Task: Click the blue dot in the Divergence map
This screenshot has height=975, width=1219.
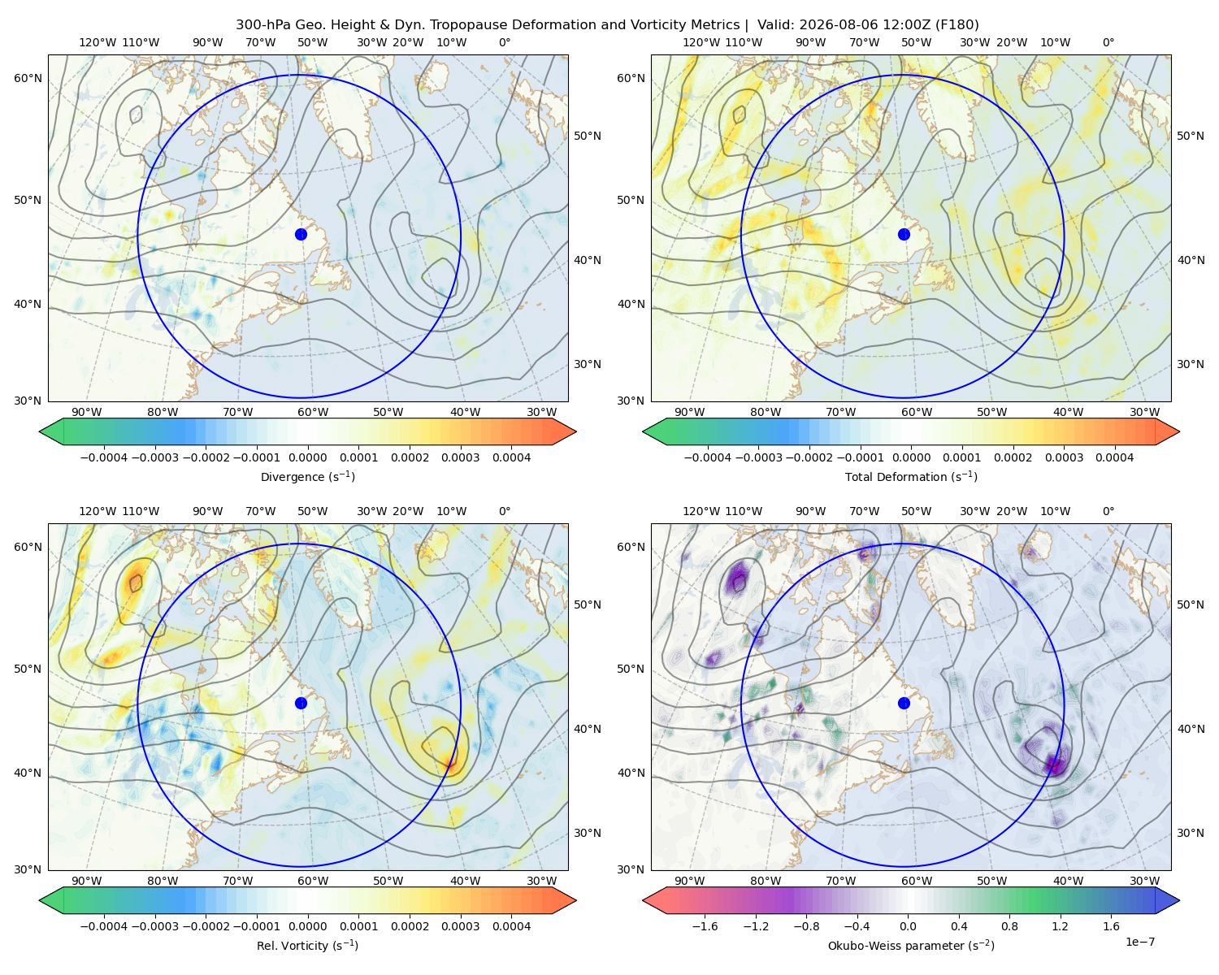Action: (301, 235)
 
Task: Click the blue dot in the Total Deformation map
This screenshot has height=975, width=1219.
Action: (904, 235)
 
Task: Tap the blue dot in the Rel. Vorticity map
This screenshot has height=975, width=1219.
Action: (301, 703)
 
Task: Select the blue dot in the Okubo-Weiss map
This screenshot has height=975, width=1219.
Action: (904, 703)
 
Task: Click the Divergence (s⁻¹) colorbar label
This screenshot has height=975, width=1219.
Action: (307, 477)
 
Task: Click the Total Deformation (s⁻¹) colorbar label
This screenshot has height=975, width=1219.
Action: (911, 477)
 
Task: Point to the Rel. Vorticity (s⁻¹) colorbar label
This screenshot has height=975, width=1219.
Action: (307, 946)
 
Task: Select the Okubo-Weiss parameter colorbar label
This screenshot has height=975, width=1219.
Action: (911, 946)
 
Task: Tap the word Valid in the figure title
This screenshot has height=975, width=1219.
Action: (773, 25)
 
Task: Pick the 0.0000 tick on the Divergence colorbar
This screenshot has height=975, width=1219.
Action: (307, 457)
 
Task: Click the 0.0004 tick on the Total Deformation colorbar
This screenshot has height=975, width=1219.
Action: (1115, 457)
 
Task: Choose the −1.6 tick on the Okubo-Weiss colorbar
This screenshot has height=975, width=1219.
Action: (705, 926)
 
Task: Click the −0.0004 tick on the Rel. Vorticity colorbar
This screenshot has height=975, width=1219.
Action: (104, 926)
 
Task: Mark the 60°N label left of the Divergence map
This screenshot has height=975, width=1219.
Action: (28, 78)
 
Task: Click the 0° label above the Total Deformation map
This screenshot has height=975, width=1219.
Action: (1108, 42)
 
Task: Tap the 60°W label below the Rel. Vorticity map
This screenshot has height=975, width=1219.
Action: (313, 881)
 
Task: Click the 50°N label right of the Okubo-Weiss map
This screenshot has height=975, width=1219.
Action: (1191, 604)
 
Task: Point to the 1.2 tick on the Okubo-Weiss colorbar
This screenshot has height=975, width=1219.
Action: (1060, 926)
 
